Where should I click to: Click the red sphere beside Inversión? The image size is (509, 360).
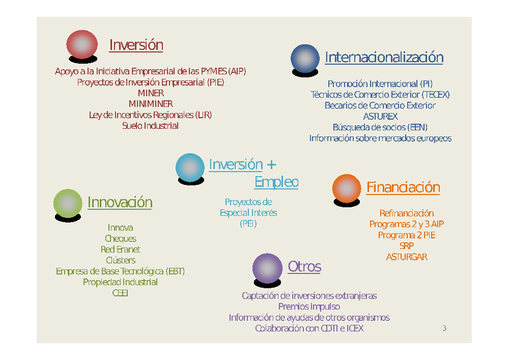(82, 44)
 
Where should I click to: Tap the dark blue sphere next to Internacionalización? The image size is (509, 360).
(305, 59)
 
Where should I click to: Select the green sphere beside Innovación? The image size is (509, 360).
(68, 204)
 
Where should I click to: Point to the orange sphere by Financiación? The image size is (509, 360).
(346, 188)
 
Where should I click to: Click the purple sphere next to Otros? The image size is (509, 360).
(267, 268)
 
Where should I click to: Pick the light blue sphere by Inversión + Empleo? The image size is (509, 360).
(190, 168)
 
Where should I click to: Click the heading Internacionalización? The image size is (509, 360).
(384, 58)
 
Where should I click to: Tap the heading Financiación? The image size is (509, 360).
(403, 187)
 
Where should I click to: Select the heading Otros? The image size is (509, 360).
(304, 266)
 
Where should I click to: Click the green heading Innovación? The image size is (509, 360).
(120, 202)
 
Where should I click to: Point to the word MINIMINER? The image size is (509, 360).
(151, 104)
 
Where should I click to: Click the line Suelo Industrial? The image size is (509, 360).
(150, 126)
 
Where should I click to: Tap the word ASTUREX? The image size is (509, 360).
(380, 116)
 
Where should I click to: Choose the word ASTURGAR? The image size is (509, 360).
(407, 257)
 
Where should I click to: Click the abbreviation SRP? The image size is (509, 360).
(407, 246)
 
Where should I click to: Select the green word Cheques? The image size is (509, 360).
(121, 239)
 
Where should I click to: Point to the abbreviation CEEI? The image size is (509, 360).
(120, 293)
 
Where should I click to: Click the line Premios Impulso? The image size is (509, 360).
(309, 307)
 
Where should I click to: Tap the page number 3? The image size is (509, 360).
(444, 328)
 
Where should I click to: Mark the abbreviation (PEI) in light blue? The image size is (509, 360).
(248, 224)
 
